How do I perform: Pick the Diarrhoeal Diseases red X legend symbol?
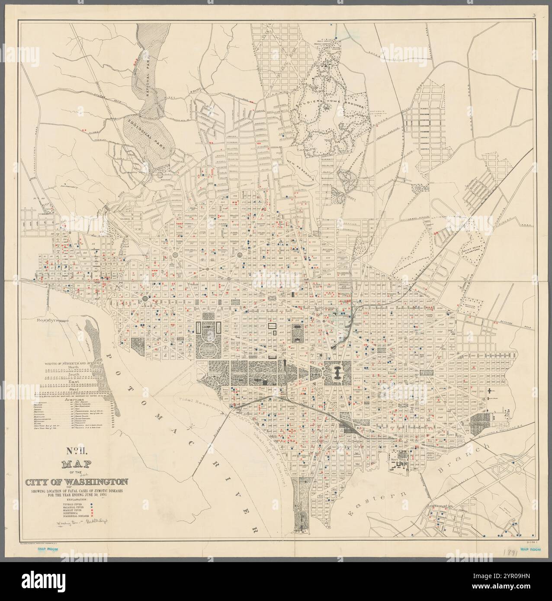91,516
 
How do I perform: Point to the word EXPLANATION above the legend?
76,500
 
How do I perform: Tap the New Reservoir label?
299,169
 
